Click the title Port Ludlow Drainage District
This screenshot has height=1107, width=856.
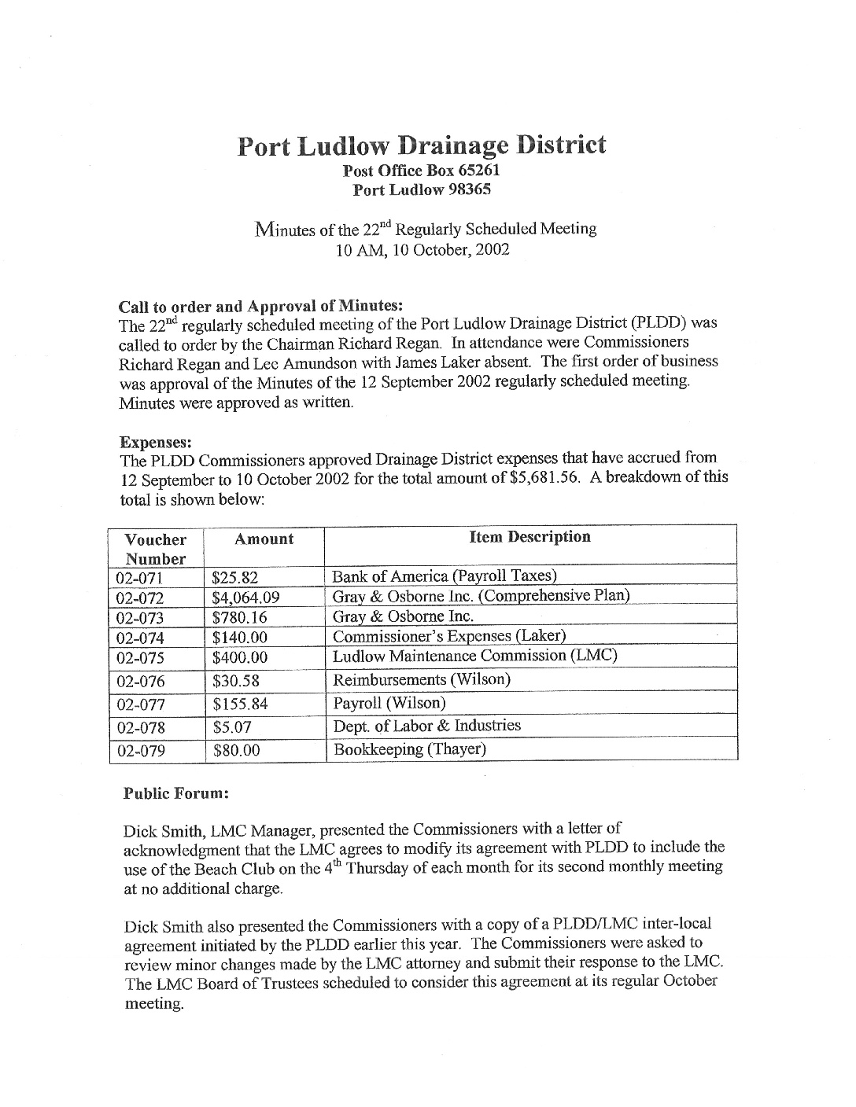tap(422, 145)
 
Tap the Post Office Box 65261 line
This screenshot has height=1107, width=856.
tap(422, 171)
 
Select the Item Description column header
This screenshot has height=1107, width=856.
tap(529, 537)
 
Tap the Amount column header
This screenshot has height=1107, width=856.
tap(264, 539)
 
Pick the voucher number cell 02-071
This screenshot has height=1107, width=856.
tap(140, 579)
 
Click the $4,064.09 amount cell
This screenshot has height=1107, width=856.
tap(245, 598)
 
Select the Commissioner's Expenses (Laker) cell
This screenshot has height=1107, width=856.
tap(449, 636)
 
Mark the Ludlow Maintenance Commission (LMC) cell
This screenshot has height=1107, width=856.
tap(474, 656)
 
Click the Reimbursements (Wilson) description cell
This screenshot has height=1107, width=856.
tap(422, 679)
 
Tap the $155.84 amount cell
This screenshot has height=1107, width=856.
tap(240, 704)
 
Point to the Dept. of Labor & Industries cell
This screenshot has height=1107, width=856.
tap(426, 726)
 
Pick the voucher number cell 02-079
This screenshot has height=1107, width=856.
tap(141, 751)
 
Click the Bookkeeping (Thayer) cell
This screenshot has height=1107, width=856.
tap(409, 749)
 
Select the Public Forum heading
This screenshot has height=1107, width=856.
tap(176, 793)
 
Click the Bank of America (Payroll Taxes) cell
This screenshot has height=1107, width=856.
tap(445, 576)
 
